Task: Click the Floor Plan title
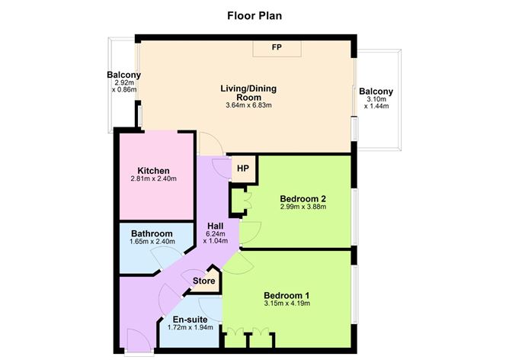254,14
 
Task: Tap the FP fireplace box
277,47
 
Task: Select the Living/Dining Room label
248,92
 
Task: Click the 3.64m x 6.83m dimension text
248,105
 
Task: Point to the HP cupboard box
242,169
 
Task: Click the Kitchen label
153,170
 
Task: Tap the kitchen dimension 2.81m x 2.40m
153,179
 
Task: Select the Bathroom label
152,233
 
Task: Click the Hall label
216,225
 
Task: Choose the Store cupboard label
203,281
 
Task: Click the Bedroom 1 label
287,294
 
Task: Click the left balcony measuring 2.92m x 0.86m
123,82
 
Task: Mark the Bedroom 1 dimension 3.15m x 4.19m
287,304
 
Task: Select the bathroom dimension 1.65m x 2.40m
152,243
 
